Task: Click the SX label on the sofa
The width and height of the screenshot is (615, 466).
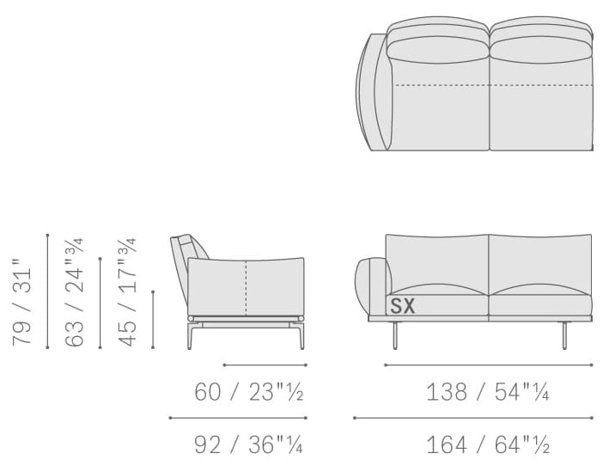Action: (403, 306)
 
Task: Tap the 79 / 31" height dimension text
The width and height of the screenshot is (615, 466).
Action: (22, 302)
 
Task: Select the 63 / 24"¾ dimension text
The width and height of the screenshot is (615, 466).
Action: (75, 292)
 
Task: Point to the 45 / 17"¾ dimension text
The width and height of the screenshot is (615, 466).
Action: (127, 292)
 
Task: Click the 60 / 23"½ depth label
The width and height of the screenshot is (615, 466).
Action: (249, 392)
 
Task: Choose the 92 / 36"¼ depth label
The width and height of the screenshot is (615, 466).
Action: (249, 445)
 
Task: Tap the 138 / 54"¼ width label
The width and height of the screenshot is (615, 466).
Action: (488, 392)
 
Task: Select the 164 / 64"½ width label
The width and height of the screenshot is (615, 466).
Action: (488, 445)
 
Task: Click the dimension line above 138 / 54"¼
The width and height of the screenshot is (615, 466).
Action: (489, 365)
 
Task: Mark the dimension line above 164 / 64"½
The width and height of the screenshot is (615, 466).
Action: (473, 418)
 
